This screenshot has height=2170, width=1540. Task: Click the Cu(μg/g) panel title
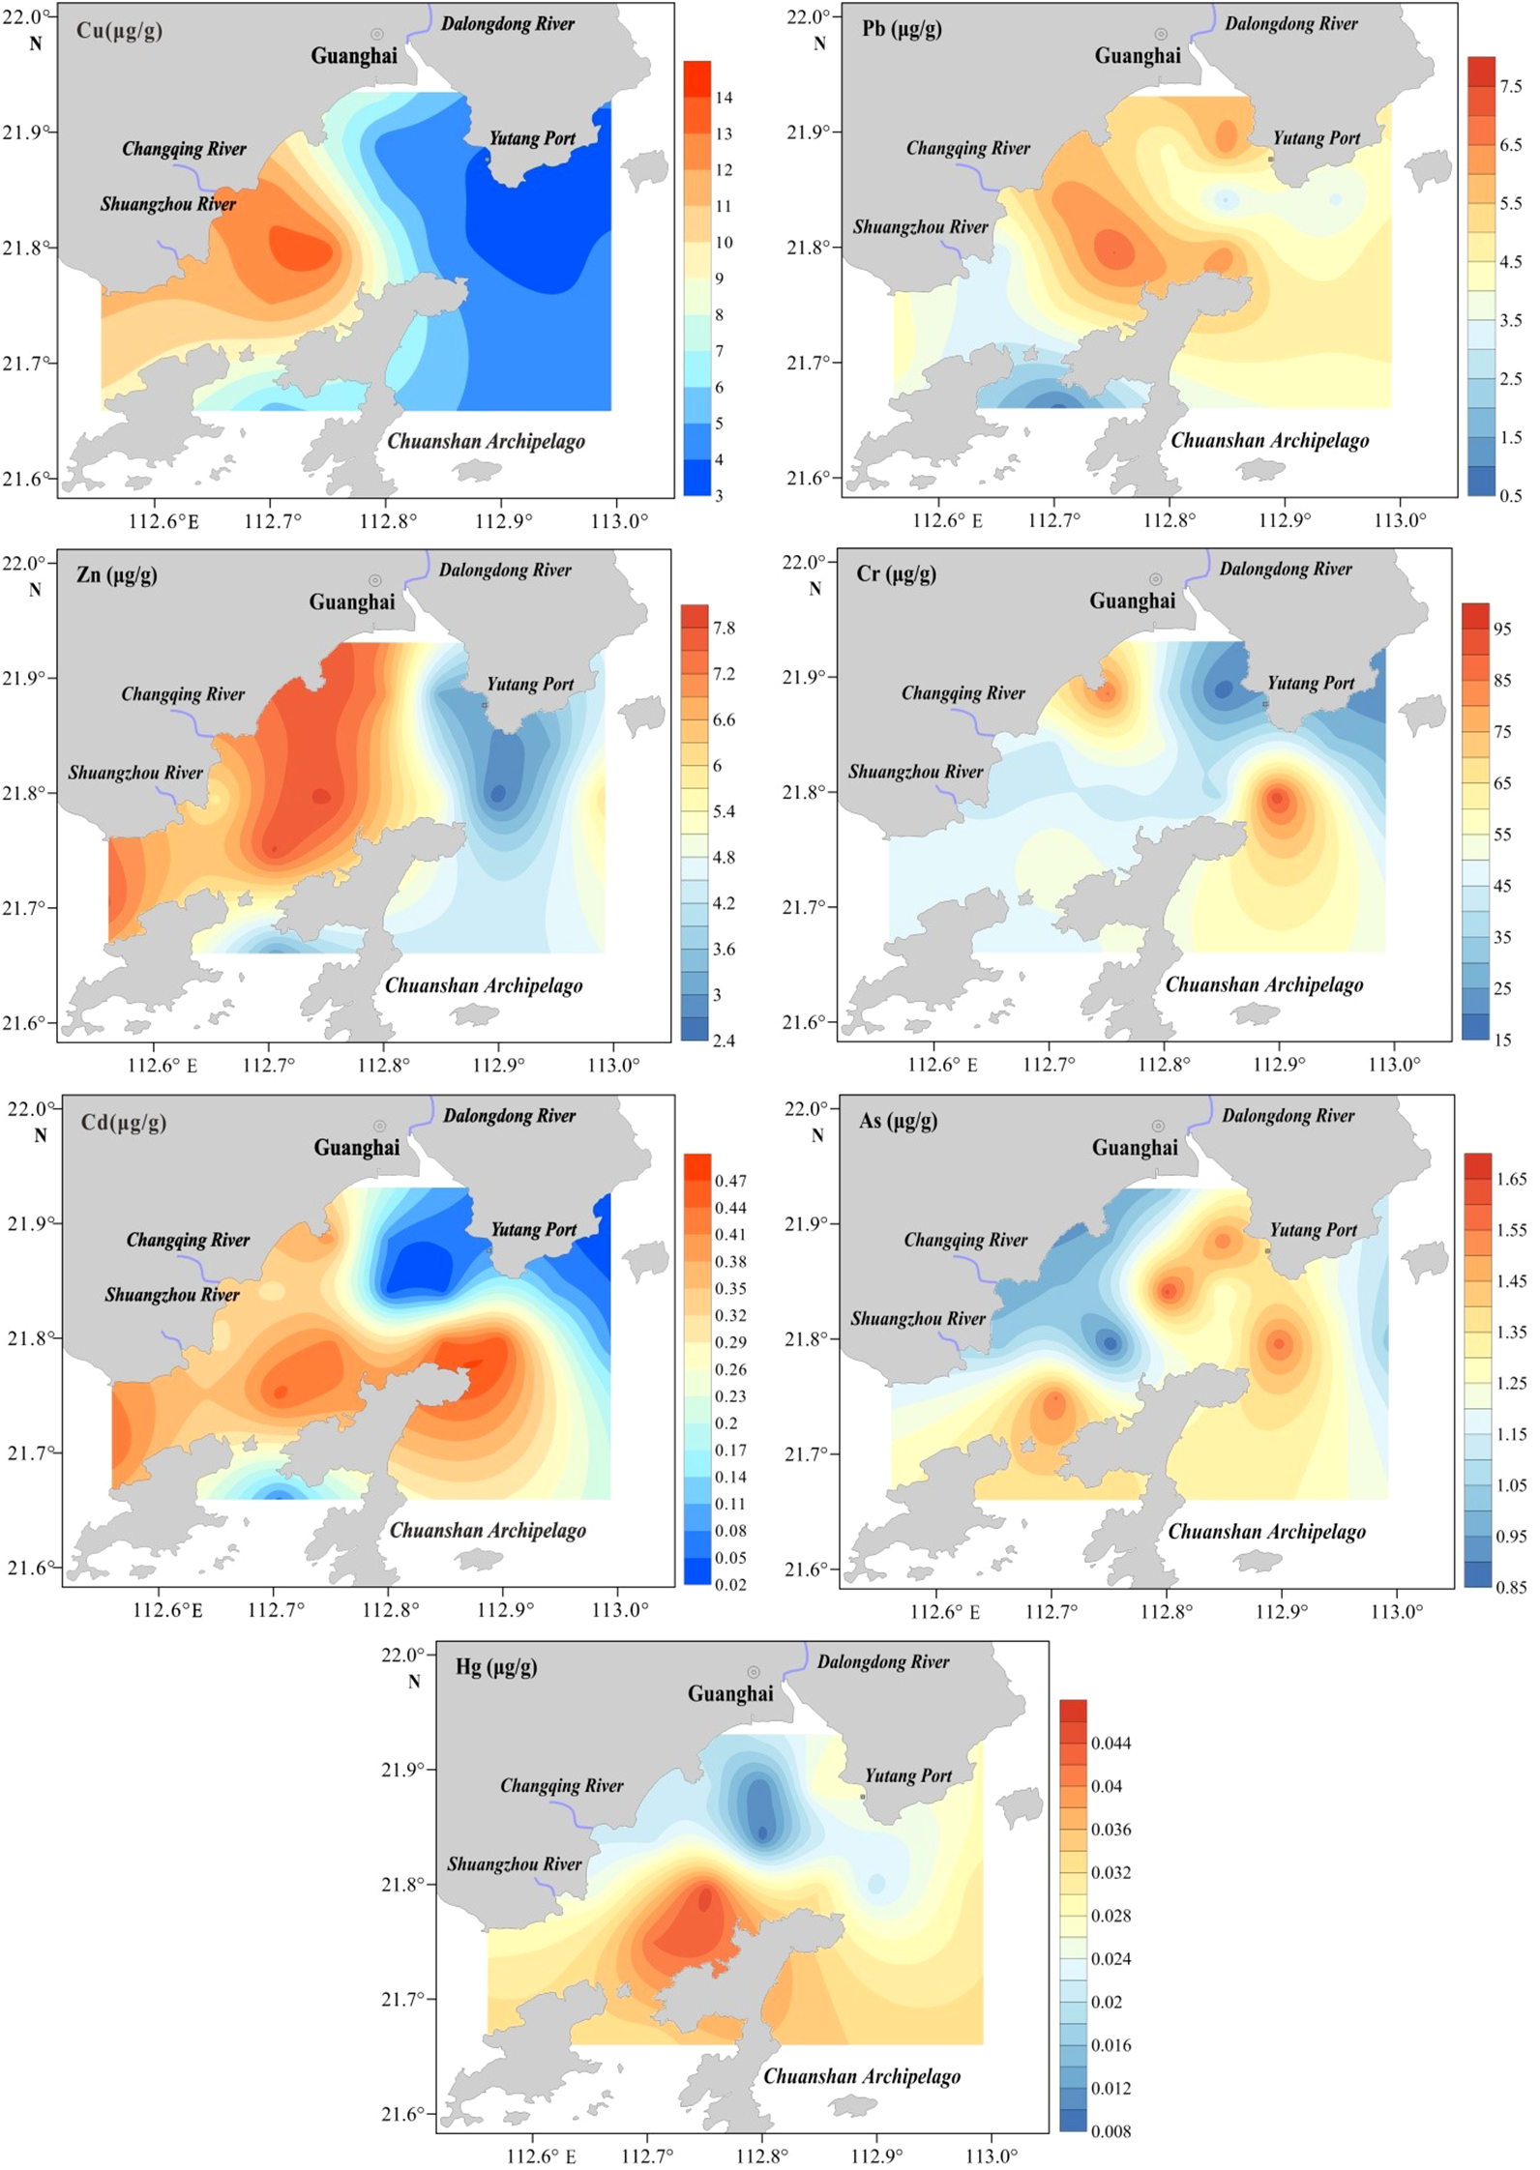(x=119, y=30)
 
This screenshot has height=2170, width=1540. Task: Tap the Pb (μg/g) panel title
(x=902, y=28)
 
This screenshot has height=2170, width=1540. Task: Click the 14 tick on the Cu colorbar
(x=724, y=98)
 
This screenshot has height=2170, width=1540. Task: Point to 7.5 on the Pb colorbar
(x=1510, y=86)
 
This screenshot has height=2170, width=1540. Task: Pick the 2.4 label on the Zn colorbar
(x=723, y=1041)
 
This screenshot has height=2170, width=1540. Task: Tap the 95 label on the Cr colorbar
(x=1501, y=629)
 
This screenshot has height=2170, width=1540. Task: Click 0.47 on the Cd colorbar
(x=730, y=1181)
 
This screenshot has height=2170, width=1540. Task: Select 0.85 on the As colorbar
(x=1510, y=1587)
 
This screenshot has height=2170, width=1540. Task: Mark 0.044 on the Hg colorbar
(x=1111, y=1743)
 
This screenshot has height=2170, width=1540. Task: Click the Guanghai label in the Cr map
(x=1132, y=601)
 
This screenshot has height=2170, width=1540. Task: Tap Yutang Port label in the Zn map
(x=530, y=684)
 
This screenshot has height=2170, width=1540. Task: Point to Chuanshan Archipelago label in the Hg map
(x=862, y=2075)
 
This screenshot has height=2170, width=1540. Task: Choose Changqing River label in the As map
(x=965, y=1240)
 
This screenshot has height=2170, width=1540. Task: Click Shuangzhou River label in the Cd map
(x=172, y=1294)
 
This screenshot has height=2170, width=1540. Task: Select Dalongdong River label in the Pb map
(x=1290, y=23)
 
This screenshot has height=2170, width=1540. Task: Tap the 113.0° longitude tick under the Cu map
(x=619, y=521)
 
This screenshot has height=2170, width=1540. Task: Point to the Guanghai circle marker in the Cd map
(x=379, y=1127)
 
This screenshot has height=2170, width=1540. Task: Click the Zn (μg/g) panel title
(x=116, y=575)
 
